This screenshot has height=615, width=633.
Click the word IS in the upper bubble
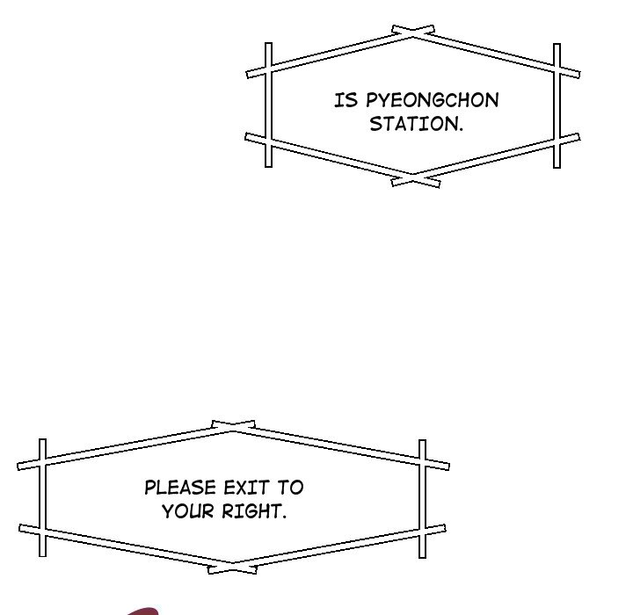tap(344, 100)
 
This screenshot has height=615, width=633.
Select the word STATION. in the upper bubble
tap(416, 124)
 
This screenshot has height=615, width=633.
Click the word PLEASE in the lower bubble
tap(180, 488)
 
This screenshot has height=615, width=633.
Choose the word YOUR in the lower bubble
tap(187, 510)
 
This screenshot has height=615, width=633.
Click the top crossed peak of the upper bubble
tap(413, 33)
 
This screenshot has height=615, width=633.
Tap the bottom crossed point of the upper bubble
tap(414, 179)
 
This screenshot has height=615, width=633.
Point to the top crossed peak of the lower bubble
tap(233, 427)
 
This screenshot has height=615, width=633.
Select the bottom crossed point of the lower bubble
tap(233, 568)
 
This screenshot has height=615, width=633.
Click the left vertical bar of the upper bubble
tap(269, 105)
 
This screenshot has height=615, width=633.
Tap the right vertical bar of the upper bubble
tap(557, 105)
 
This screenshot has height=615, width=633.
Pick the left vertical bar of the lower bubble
tap(41, 497)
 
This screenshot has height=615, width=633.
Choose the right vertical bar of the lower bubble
tap(422, 497)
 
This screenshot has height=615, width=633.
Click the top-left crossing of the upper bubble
tap(269, 69)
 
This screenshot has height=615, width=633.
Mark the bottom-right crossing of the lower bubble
tap(422, 532)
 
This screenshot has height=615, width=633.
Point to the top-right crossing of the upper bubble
tap(557, 69)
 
